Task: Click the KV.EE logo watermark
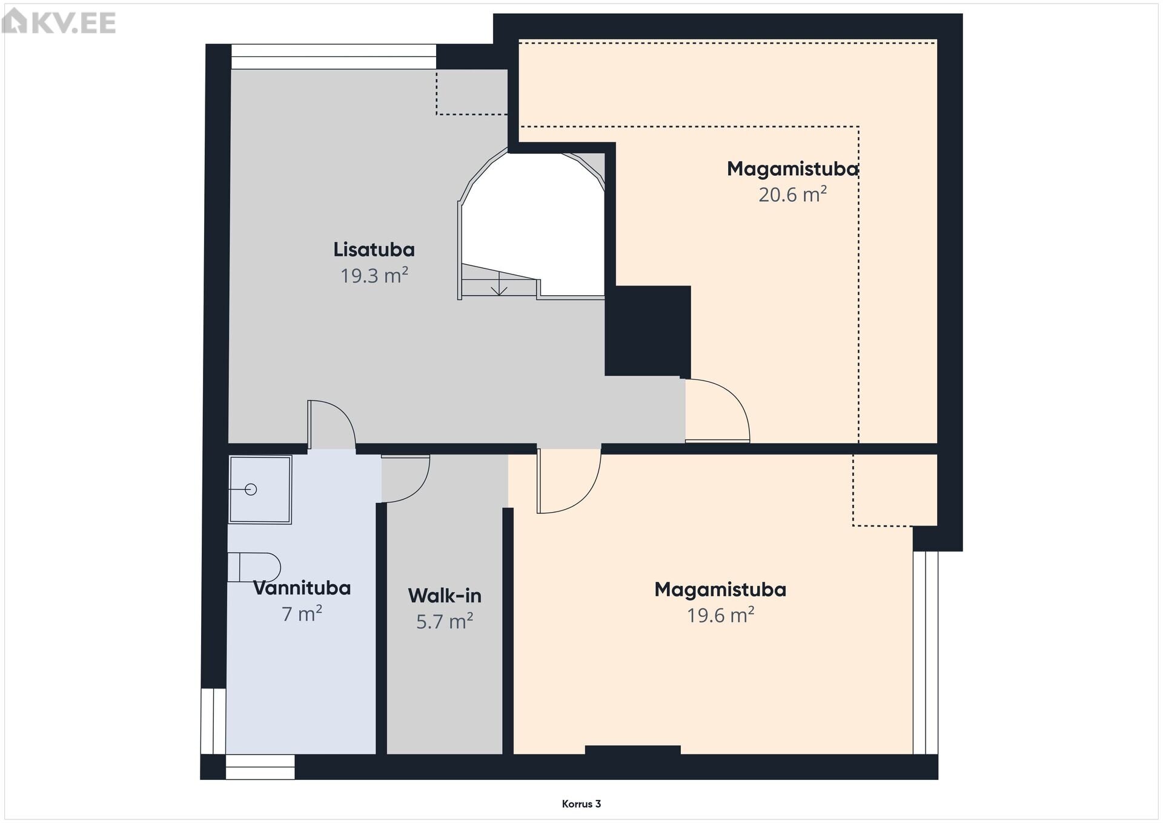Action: pos(59,22)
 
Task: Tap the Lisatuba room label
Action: pos(374,250)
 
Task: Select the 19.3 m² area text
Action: pos(374,276)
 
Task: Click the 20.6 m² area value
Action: pos(792,195)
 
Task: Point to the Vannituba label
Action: pos(302,588)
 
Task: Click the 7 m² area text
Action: pos(302,614)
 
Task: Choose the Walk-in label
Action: pos(445,596)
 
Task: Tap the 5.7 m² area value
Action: pos(445,622)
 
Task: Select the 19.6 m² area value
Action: pos(720,616)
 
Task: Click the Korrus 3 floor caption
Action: pos(581,804)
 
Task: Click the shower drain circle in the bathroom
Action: pos(251,489)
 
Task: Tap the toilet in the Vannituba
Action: pos(254,567)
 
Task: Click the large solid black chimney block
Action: pos(648,331)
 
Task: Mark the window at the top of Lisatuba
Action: pos(334,57)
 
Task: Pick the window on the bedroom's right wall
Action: pos(926,653)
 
